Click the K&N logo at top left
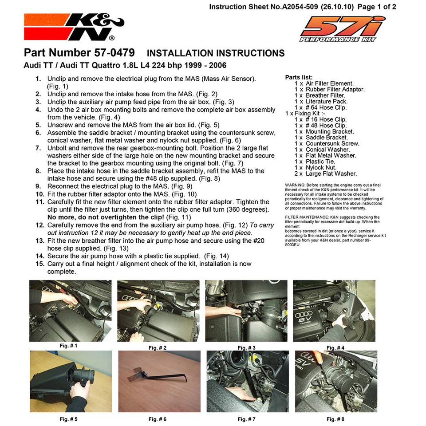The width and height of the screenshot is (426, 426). pos(74,27)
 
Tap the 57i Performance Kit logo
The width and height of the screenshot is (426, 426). pos(342,29)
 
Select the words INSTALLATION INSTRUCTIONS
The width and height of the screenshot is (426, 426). pos(215,53)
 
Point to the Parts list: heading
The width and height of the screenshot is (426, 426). pos(299,77)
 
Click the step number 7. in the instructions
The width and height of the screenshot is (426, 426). pos(39,148)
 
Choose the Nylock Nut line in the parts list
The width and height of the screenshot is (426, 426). pos(321,168)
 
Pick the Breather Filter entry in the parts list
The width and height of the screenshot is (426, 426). pos(325,95)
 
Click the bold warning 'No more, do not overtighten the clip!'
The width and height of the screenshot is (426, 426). pos(106,217)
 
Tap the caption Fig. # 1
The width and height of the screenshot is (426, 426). pos(68,345)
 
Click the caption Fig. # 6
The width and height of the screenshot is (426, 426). pos(158,419)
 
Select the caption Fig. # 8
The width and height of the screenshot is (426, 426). pos(335,419)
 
